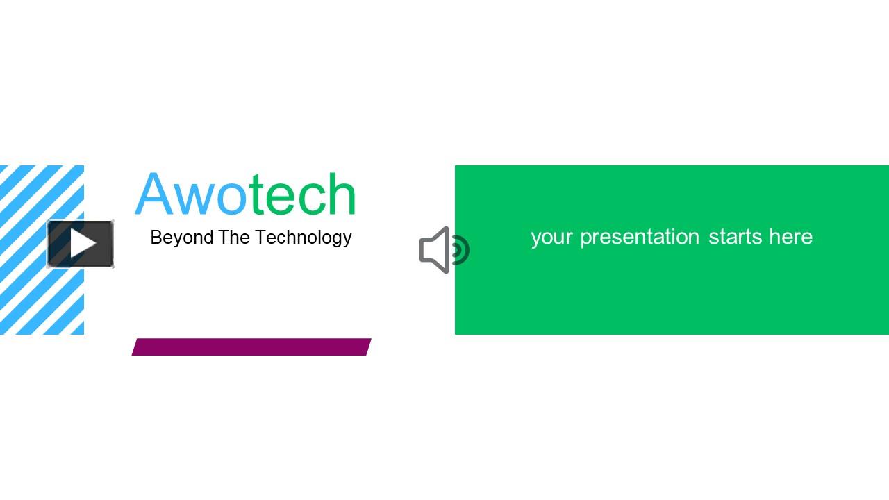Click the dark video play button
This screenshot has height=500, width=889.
click(x=81, y=244)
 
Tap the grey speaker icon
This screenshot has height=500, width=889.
click(x=443, y=250)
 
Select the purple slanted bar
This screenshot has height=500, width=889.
click(x=251, y=347)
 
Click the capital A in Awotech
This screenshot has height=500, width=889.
click(x=153, y=194)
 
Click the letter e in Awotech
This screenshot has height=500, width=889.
click(x=280, y=198)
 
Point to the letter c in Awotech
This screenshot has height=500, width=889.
click(x=310, y=198)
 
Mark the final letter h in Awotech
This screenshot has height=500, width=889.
click(x=341, y=194)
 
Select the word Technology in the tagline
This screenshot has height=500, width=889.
click(x=304, y=237)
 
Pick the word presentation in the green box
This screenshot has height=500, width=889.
click(x=640, y=237)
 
